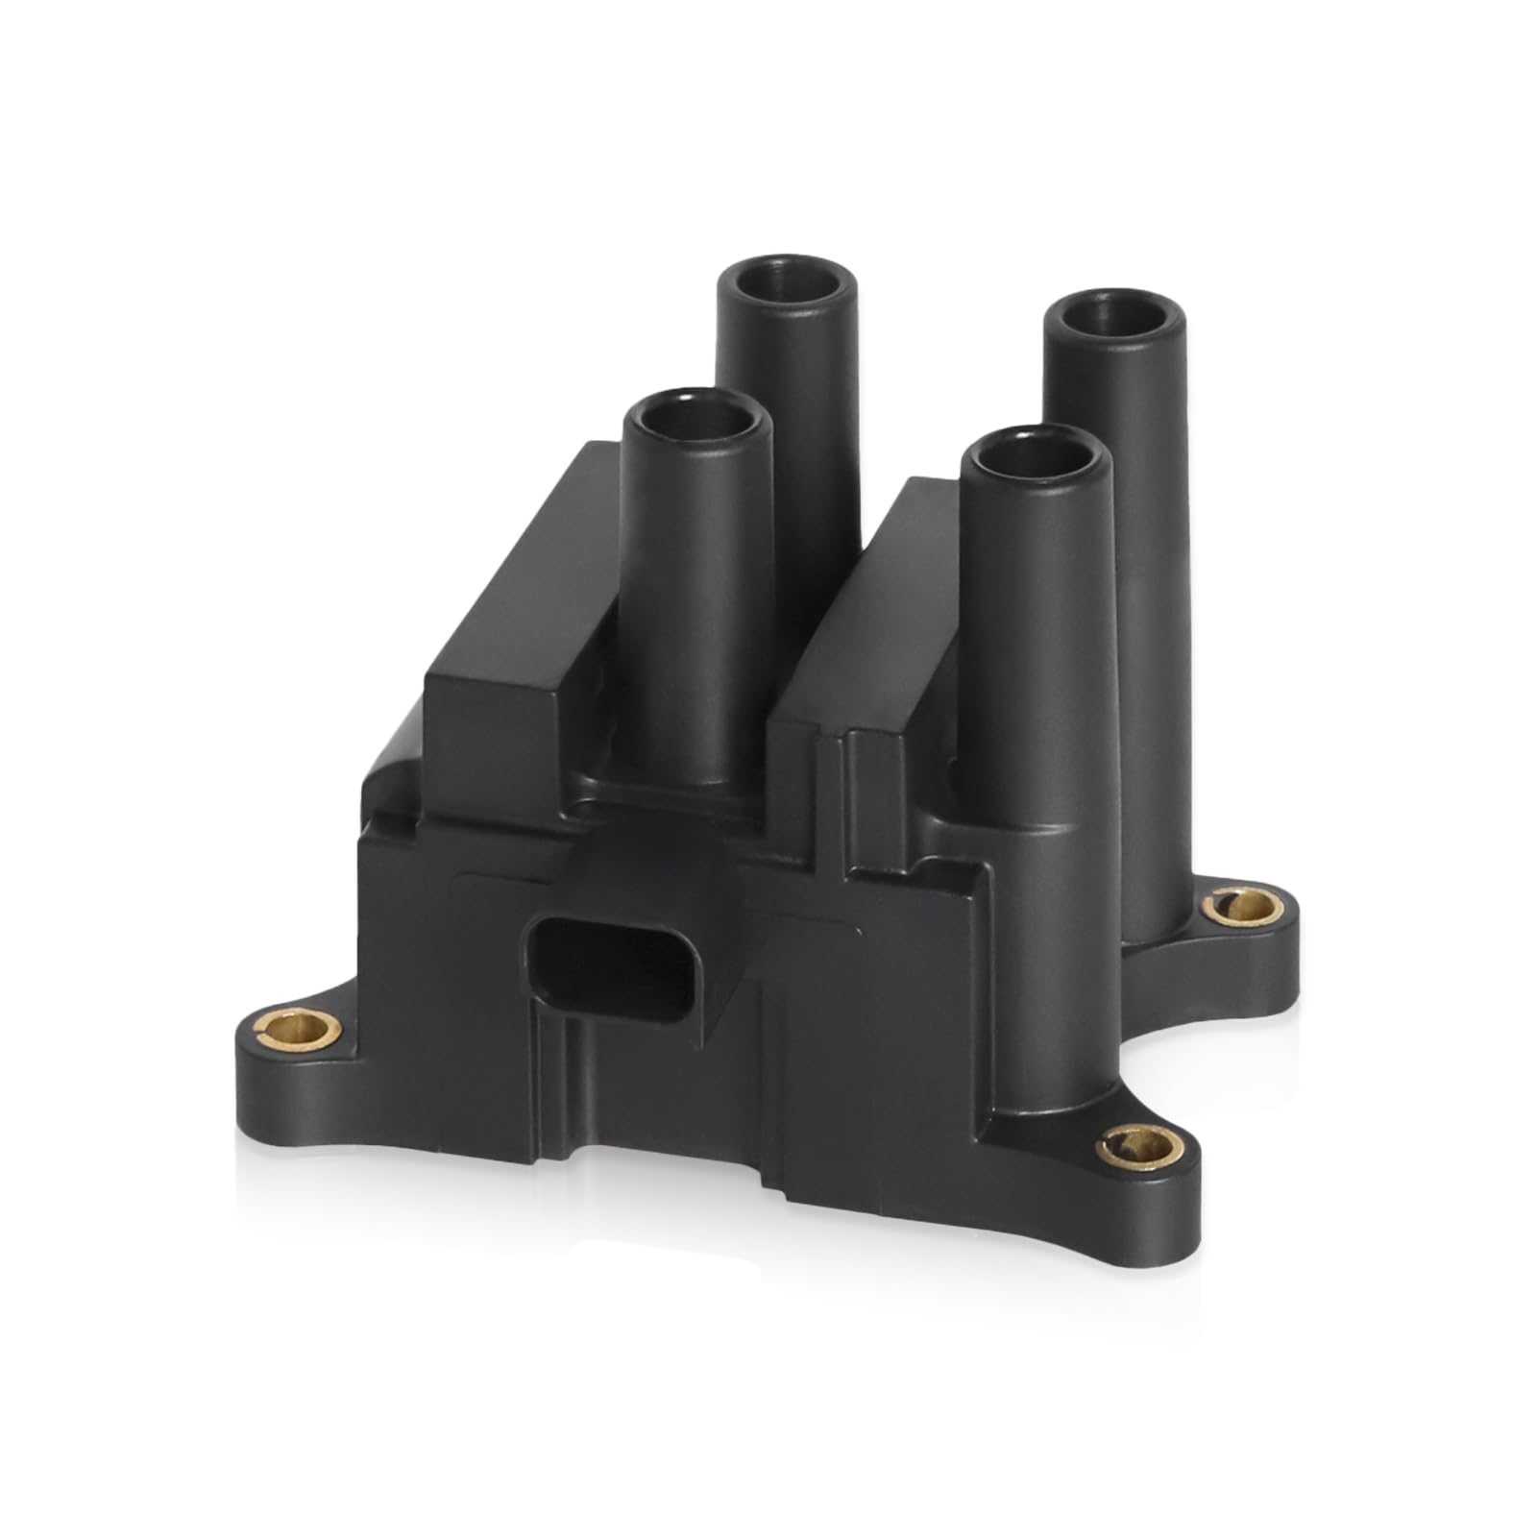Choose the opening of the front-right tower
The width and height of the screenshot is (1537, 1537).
point(1038,466)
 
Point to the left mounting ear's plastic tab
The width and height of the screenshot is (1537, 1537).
point(279,1066)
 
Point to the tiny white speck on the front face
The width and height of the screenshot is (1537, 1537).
point(858,929)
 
